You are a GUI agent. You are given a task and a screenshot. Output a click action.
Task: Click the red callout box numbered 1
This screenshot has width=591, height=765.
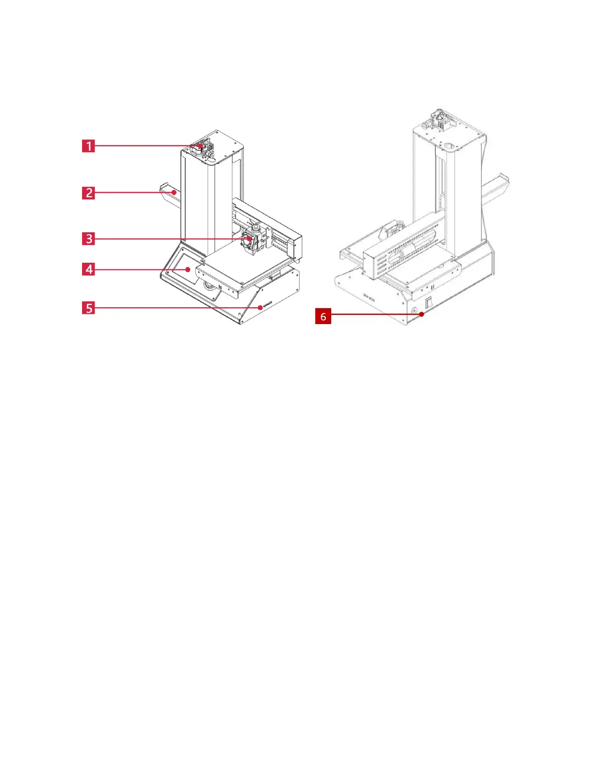click(88, 145)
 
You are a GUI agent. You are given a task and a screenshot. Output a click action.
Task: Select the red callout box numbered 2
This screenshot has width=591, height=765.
click(88, 193)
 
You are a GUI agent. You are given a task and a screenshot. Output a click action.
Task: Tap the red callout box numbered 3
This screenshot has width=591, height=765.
click(88, 239)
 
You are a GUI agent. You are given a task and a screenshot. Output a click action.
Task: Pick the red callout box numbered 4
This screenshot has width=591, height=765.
click(88, 269)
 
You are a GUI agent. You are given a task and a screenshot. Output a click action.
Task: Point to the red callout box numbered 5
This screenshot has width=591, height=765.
click(88, 308)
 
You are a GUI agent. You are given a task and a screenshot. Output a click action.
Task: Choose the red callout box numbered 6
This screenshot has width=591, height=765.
click(323, 316)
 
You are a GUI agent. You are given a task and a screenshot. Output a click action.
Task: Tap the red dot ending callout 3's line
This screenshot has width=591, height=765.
click(249, 239)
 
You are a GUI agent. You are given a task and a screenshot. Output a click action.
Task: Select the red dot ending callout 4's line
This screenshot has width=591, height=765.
click(188, 269)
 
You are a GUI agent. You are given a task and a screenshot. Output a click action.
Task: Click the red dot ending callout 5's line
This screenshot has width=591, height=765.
click(260, 308)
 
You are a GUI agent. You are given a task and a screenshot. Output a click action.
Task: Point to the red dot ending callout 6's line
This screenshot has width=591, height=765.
click(422, 314)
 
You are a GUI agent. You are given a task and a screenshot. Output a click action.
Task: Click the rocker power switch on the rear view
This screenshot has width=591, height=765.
click(428, 303)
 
